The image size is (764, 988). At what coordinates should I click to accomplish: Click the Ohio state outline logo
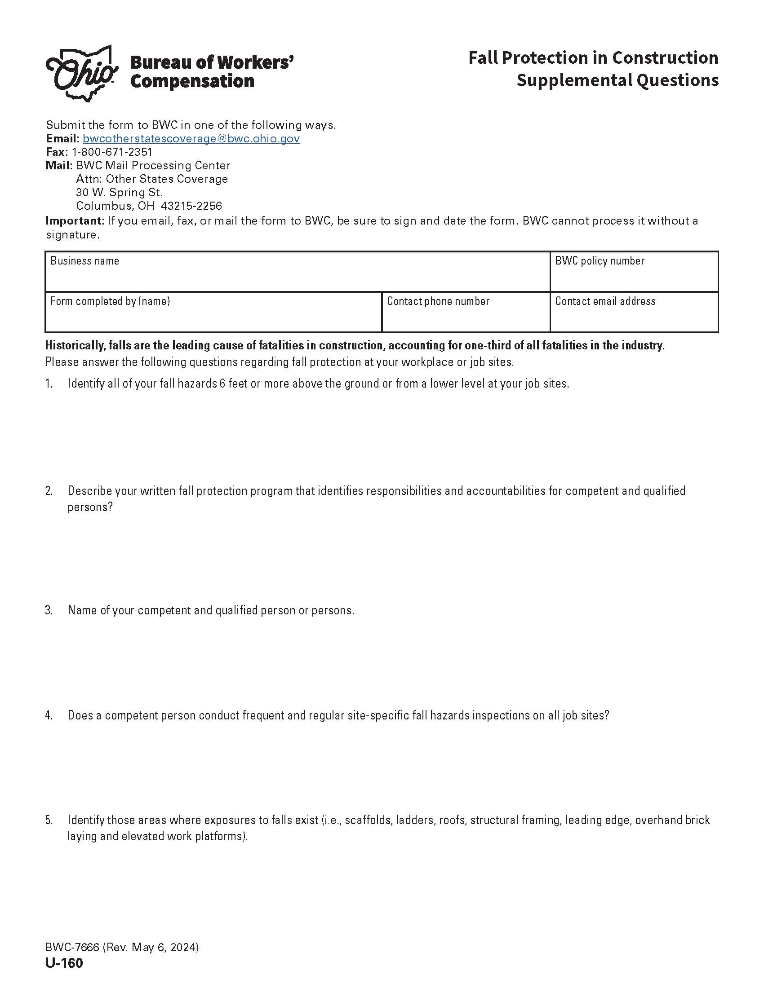[81, 73]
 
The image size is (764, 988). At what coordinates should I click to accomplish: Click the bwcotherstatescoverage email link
[191, 138]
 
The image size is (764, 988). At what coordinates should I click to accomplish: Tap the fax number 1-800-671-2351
[112, 152]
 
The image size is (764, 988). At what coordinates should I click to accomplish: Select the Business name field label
[84, 261]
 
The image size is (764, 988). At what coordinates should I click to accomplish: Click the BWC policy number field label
[599, 261]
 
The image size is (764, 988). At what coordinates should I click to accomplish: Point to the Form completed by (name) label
[110, 301]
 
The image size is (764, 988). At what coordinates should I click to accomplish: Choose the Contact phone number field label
[438, 301]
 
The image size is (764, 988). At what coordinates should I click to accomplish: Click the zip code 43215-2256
[191, 206]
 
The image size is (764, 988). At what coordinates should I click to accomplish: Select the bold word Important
[75, 221]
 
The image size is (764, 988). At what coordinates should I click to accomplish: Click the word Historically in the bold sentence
[75, 346]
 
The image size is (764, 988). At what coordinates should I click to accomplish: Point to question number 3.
[49, 610]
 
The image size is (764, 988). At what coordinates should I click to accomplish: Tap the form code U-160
[64, 964]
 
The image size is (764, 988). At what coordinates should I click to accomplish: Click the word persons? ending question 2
[90, 507]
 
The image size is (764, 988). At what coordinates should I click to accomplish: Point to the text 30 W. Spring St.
[119, 193]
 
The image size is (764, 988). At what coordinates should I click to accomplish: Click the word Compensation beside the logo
[192, 81]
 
